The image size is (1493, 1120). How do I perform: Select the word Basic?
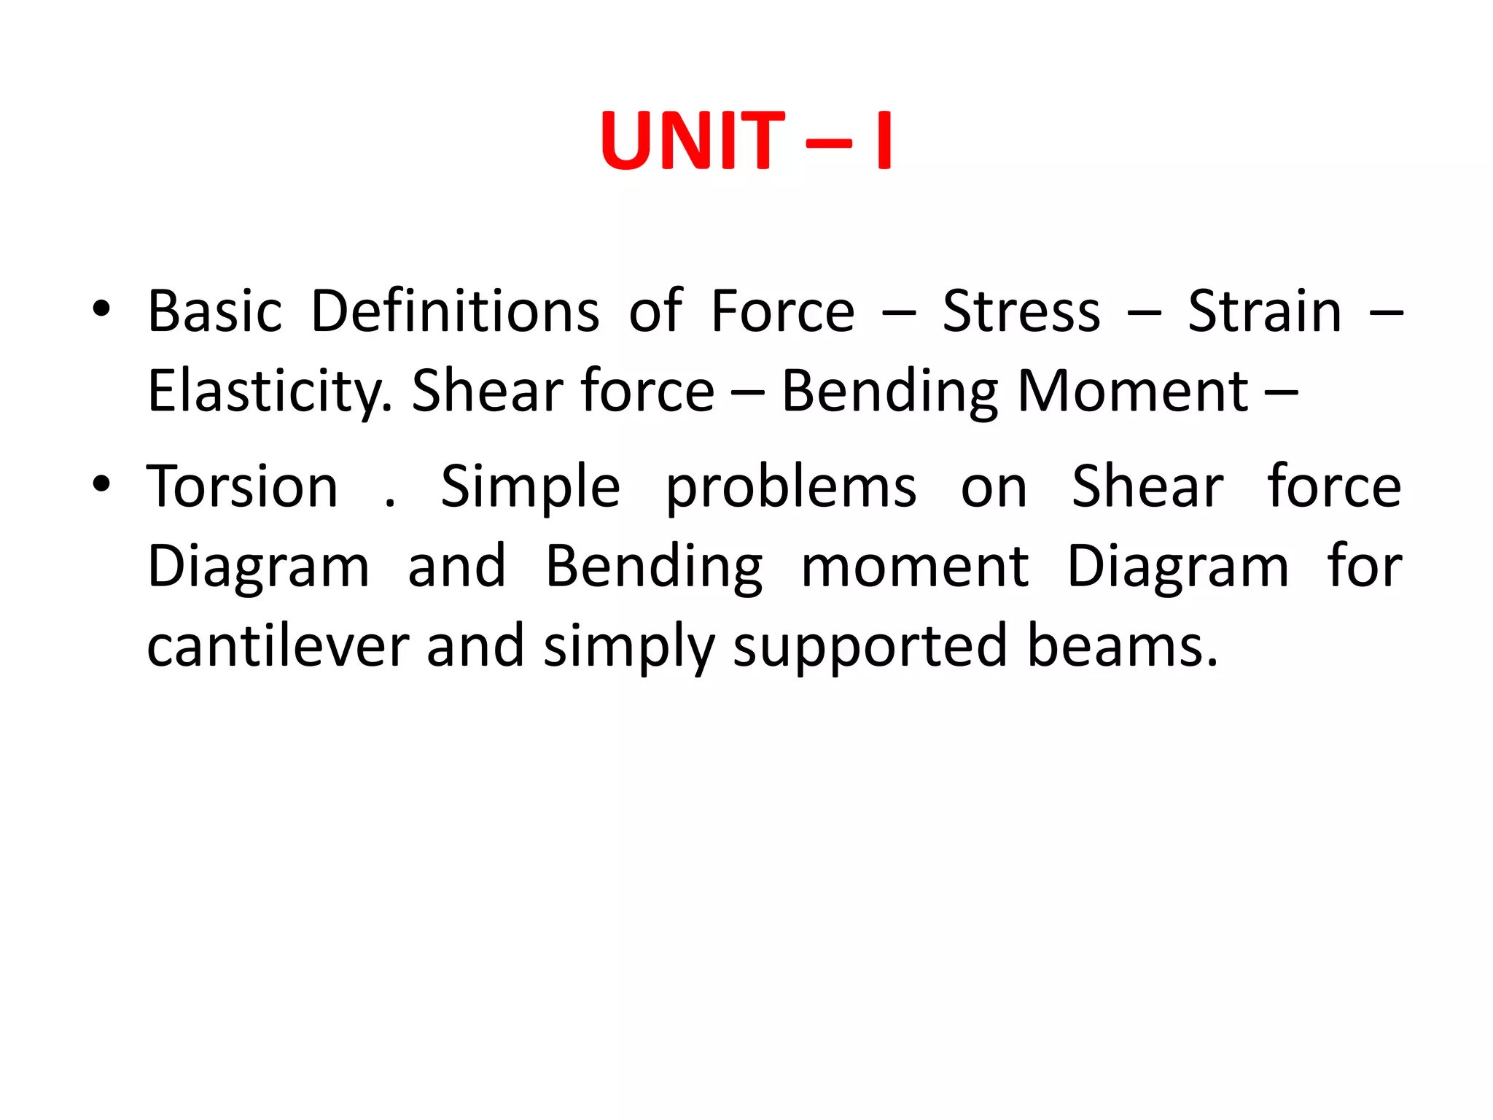tap(214, 311)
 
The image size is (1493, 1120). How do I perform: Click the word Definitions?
tap(456, 311)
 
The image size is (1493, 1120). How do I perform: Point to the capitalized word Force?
tap(782, 311)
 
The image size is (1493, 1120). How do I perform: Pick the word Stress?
tap(1021, 311)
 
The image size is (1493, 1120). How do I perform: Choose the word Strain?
tap(1265, 311)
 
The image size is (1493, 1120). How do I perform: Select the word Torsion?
tap(242, 486)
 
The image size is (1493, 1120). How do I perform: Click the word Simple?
tap(531, 486)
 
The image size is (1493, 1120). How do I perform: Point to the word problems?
tap(791, 488)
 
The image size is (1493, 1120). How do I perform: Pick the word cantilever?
tap(278, 646)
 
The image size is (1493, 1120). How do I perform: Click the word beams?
tap(1122, 646)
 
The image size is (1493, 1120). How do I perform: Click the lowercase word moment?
tap(915, 567)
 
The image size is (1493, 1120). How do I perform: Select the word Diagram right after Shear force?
tap(259, 567)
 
